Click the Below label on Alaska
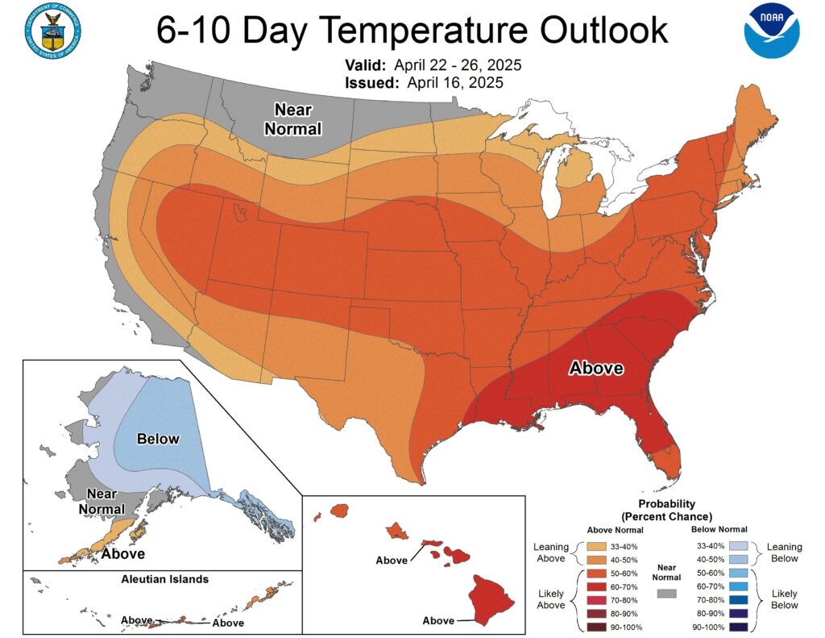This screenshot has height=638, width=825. [158, 439]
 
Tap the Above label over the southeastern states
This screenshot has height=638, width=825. [596, 369]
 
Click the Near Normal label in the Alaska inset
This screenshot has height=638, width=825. [102, 502]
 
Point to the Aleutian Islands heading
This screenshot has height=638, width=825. [165, 579]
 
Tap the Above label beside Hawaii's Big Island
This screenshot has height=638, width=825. [438, 620]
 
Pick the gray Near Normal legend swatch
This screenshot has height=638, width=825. [666, 593]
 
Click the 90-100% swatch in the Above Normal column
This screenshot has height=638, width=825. [597, 627]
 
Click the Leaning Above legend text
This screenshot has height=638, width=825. [551, 553]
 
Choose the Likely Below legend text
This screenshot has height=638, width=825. [785, 598]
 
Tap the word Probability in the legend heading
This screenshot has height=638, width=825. [665, 504]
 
